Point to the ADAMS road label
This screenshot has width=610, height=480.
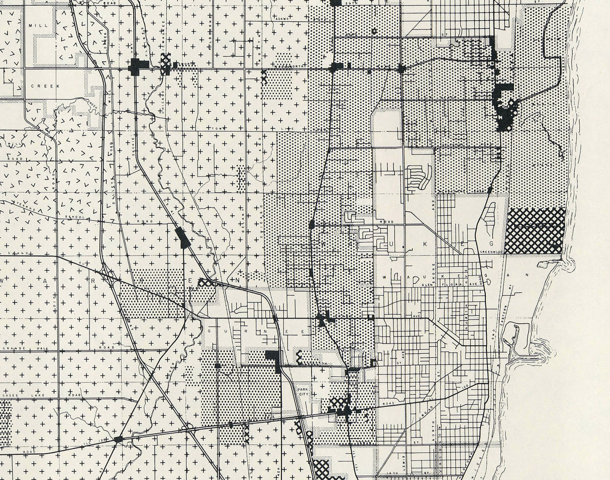click(282, 19)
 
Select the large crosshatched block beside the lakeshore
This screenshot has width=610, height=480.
click(535, 230)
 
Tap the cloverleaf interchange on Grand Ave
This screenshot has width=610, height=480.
click(206, 283)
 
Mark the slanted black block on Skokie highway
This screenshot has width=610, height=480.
click(182, 237)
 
